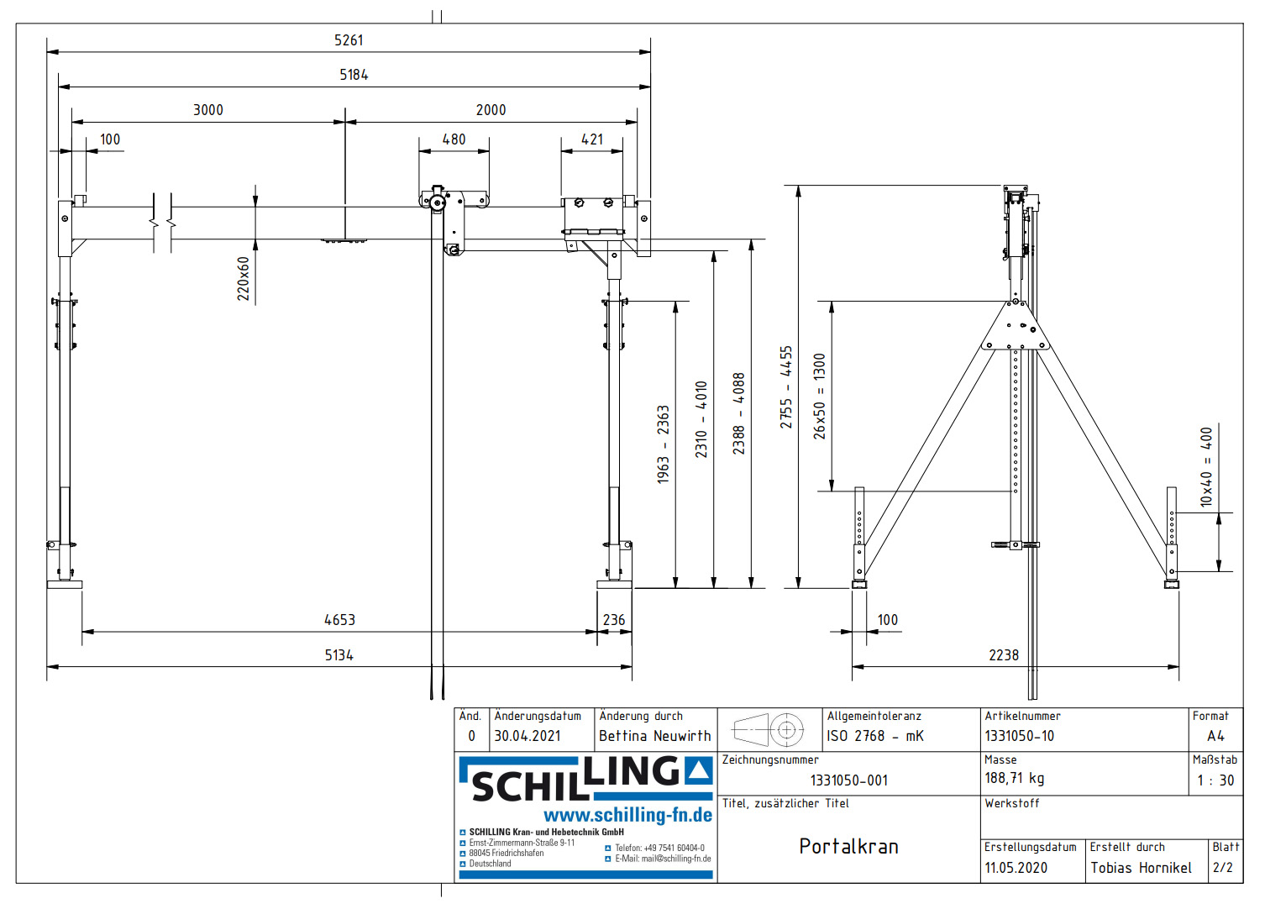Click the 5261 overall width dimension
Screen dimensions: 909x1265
point(349,40)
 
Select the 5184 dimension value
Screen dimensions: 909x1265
point(354,75)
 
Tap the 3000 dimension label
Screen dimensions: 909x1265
point(208,110)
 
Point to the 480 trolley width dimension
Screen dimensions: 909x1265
point(454,139)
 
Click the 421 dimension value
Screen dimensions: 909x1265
point(592,139)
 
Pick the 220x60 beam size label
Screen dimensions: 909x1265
point(243,279)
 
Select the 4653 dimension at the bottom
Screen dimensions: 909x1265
point(339,620)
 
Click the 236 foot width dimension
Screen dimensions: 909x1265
point(614,620)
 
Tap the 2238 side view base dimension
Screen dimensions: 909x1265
point(1003,655)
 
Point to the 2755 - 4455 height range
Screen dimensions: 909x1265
point(785,387)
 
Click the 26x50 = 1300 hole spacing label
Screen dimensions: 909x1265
point(820,396)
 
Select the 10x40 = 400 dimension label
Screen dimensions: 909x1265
point(1206,467)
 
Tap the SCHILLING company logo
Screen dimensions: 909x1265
point(585,779)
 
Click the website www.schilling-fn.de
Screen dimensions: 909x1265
point(627,815)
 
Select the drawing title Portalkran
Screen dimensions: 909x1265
point(848,846)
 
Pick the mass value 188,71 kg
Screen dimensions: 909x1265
point(1014,779)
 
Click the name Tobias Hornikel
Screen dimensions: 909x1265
point(1141,868)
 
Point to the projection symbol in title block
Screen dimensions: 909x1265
point(769,729)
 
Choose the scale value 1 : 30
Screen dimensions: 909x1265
point(1215,780)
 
